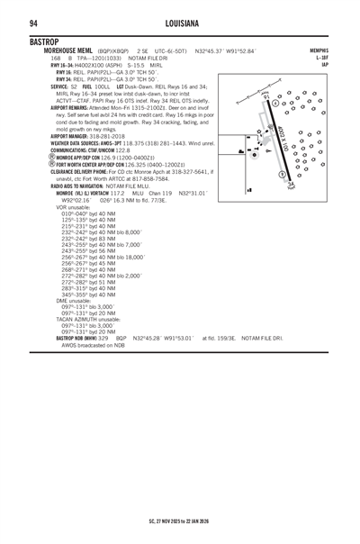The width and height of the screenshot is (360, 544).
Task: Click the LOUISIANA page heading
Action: (180, 23)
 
